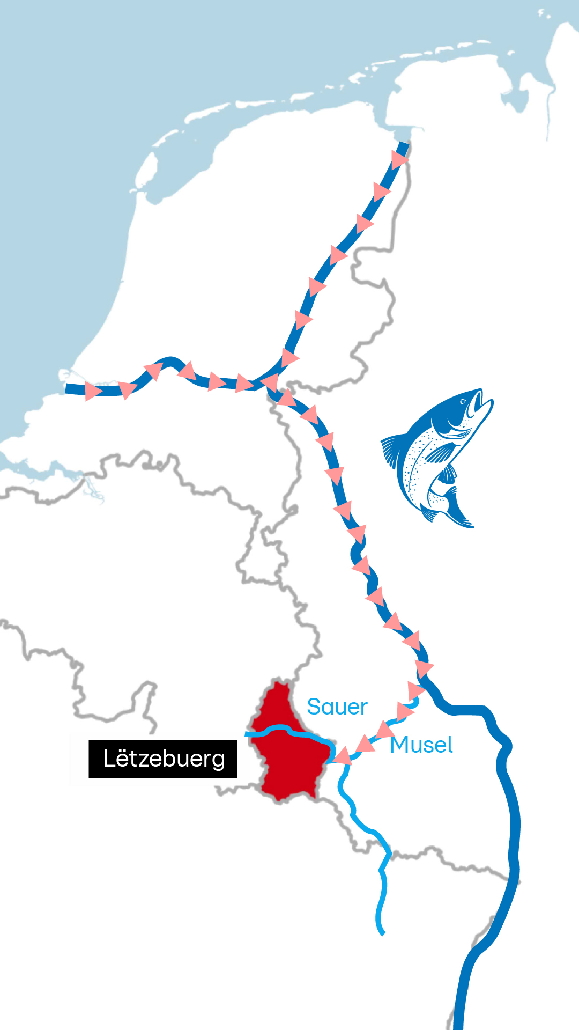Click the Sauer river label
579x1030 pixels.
(x=337, y=707)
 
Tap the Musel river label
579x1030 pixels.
(x=421, y=745)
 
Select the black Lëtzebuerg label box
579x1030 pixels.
(x=163, y=759)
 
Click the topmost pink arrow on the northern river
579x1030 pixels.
(x=399, y=159)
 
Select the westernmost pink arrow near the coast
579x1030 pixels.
(x=93, y=391)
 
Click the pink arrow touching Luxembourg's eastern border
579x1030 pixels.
(x=342, y=755)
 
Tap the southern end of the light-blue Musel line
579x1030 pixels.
(x=382, y=933)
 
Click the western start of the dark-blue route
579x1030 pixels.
(x=67, y=388)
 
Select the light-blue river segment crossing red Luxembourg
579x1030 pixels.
(x=289, y=731)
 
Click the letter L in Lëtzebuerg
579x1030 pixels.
(x=109, y=759)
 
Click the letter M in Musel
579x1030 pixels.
(x=400, y=745)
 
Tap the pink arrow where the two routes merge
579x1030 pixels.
(x=269, y=382)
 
